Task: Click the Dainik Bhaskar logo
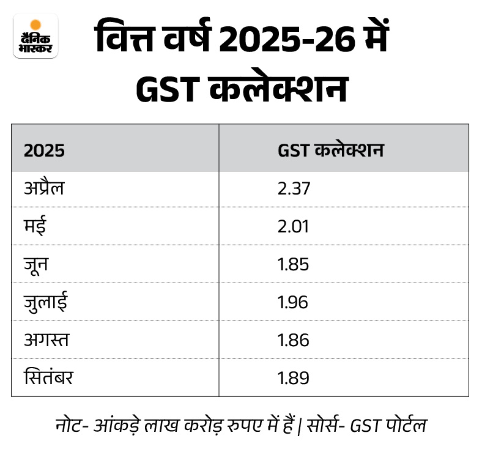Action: click(x=35, y=36)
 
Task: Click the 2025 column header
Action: click(x=44, y=150)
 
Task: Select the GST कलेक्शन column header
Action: click(x=330, y=150)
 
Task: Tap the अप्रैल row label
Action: click(x=44, y=188)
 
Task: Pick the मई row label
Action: click(x=34, y=226)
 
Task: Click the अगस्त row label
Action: click(x=46, y=340)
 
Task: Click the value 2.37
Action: click(x=294, y=188)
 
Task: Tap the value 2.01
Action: click(x=293, y=226)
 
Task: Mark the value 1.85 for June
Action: click(x=293, y=264)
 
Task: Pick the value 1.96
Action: click(x=293, y=302)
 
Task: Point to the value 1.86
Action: click(x=293, y=340)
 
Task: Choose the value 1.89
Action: click(x=293, y=378)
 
